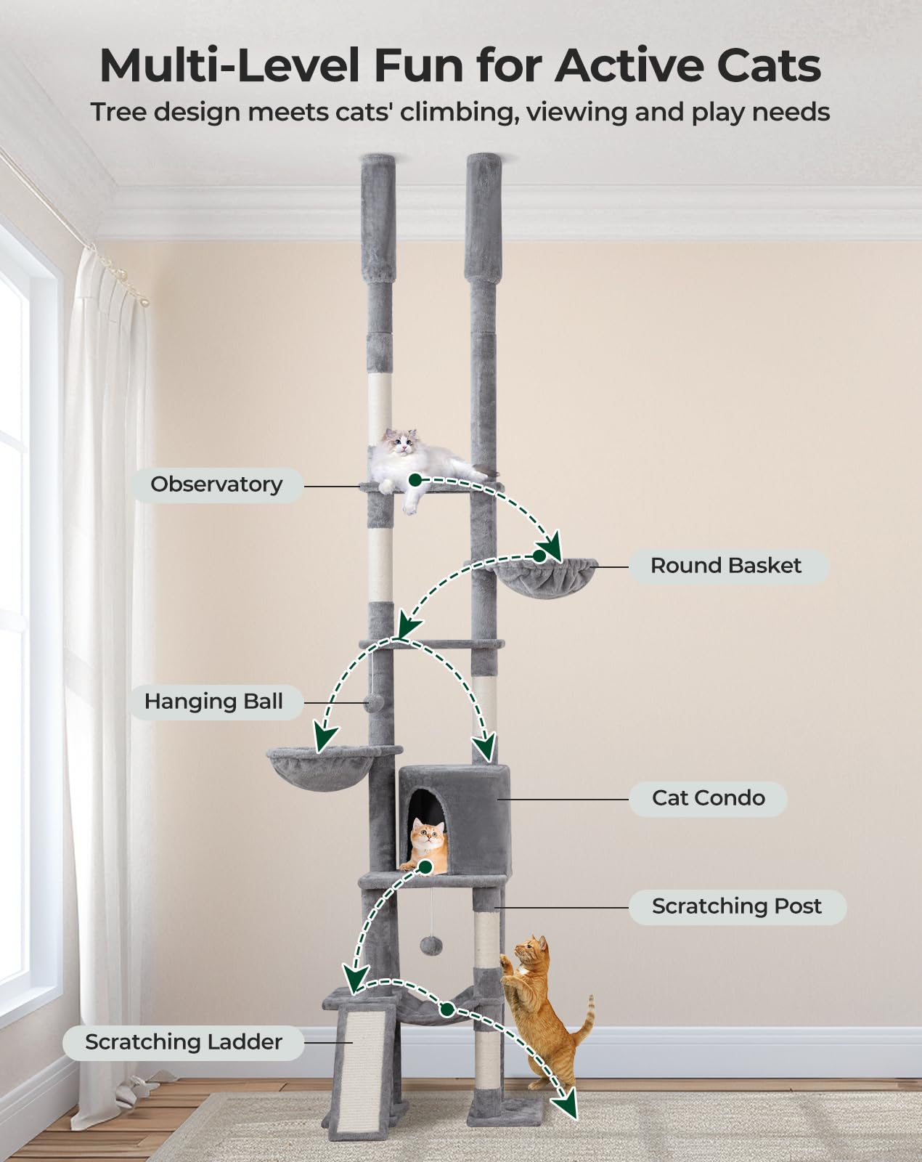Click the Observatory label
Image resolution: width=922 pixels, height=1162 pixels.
point(216,485)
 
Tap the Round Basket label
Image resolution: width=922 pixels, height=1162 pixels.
point(726,566)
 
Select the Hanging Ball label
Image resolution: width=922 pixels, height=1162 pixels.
point(213,702)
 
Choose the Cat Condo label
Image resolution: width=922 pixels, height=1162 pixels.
point(709,798)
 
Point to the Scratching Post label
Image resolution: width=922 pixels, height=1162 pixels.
point(737,906)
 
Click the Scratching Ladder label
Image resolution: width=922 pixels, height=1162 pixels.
point(184,1042)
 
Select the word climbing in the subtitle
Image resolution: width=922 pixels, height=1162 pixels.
point(459,113)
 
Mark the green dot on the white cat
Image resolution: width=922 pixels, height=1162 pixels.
point(415,479)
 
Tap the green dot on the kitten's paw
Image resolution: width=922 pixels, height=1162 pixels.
point(425,867)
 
